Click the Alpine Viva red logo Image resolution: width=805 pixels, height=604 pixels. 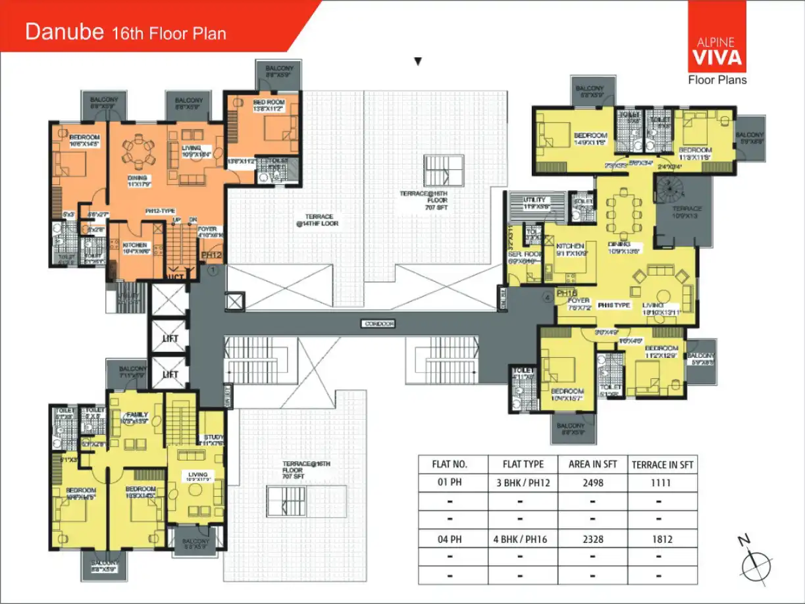point(717,37)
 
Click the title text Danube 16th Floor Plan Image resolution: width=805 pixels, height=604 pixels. point(125,32)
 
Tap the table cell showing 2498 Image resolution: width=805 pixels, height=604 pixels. point(592,482)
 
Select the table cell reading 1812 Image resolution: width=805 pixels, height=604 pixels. point(662,540)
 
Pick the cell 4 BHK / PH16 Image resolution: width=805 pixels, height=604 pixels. point(520,540)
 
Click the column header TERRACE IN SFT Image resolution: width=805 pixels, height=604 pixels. point(662,464)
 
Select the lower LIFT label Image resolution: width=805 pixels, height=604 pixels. point(170,374)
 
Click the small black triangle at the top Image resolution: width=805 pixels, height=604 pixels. point(417,62)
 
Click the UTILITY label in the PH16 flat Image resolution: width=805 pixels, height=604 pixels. point(534,199)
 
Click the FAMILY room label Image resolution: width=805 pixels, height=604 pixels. point(138,415)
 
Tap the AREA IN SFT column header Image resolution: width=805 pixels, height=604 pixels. point(592,464)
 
